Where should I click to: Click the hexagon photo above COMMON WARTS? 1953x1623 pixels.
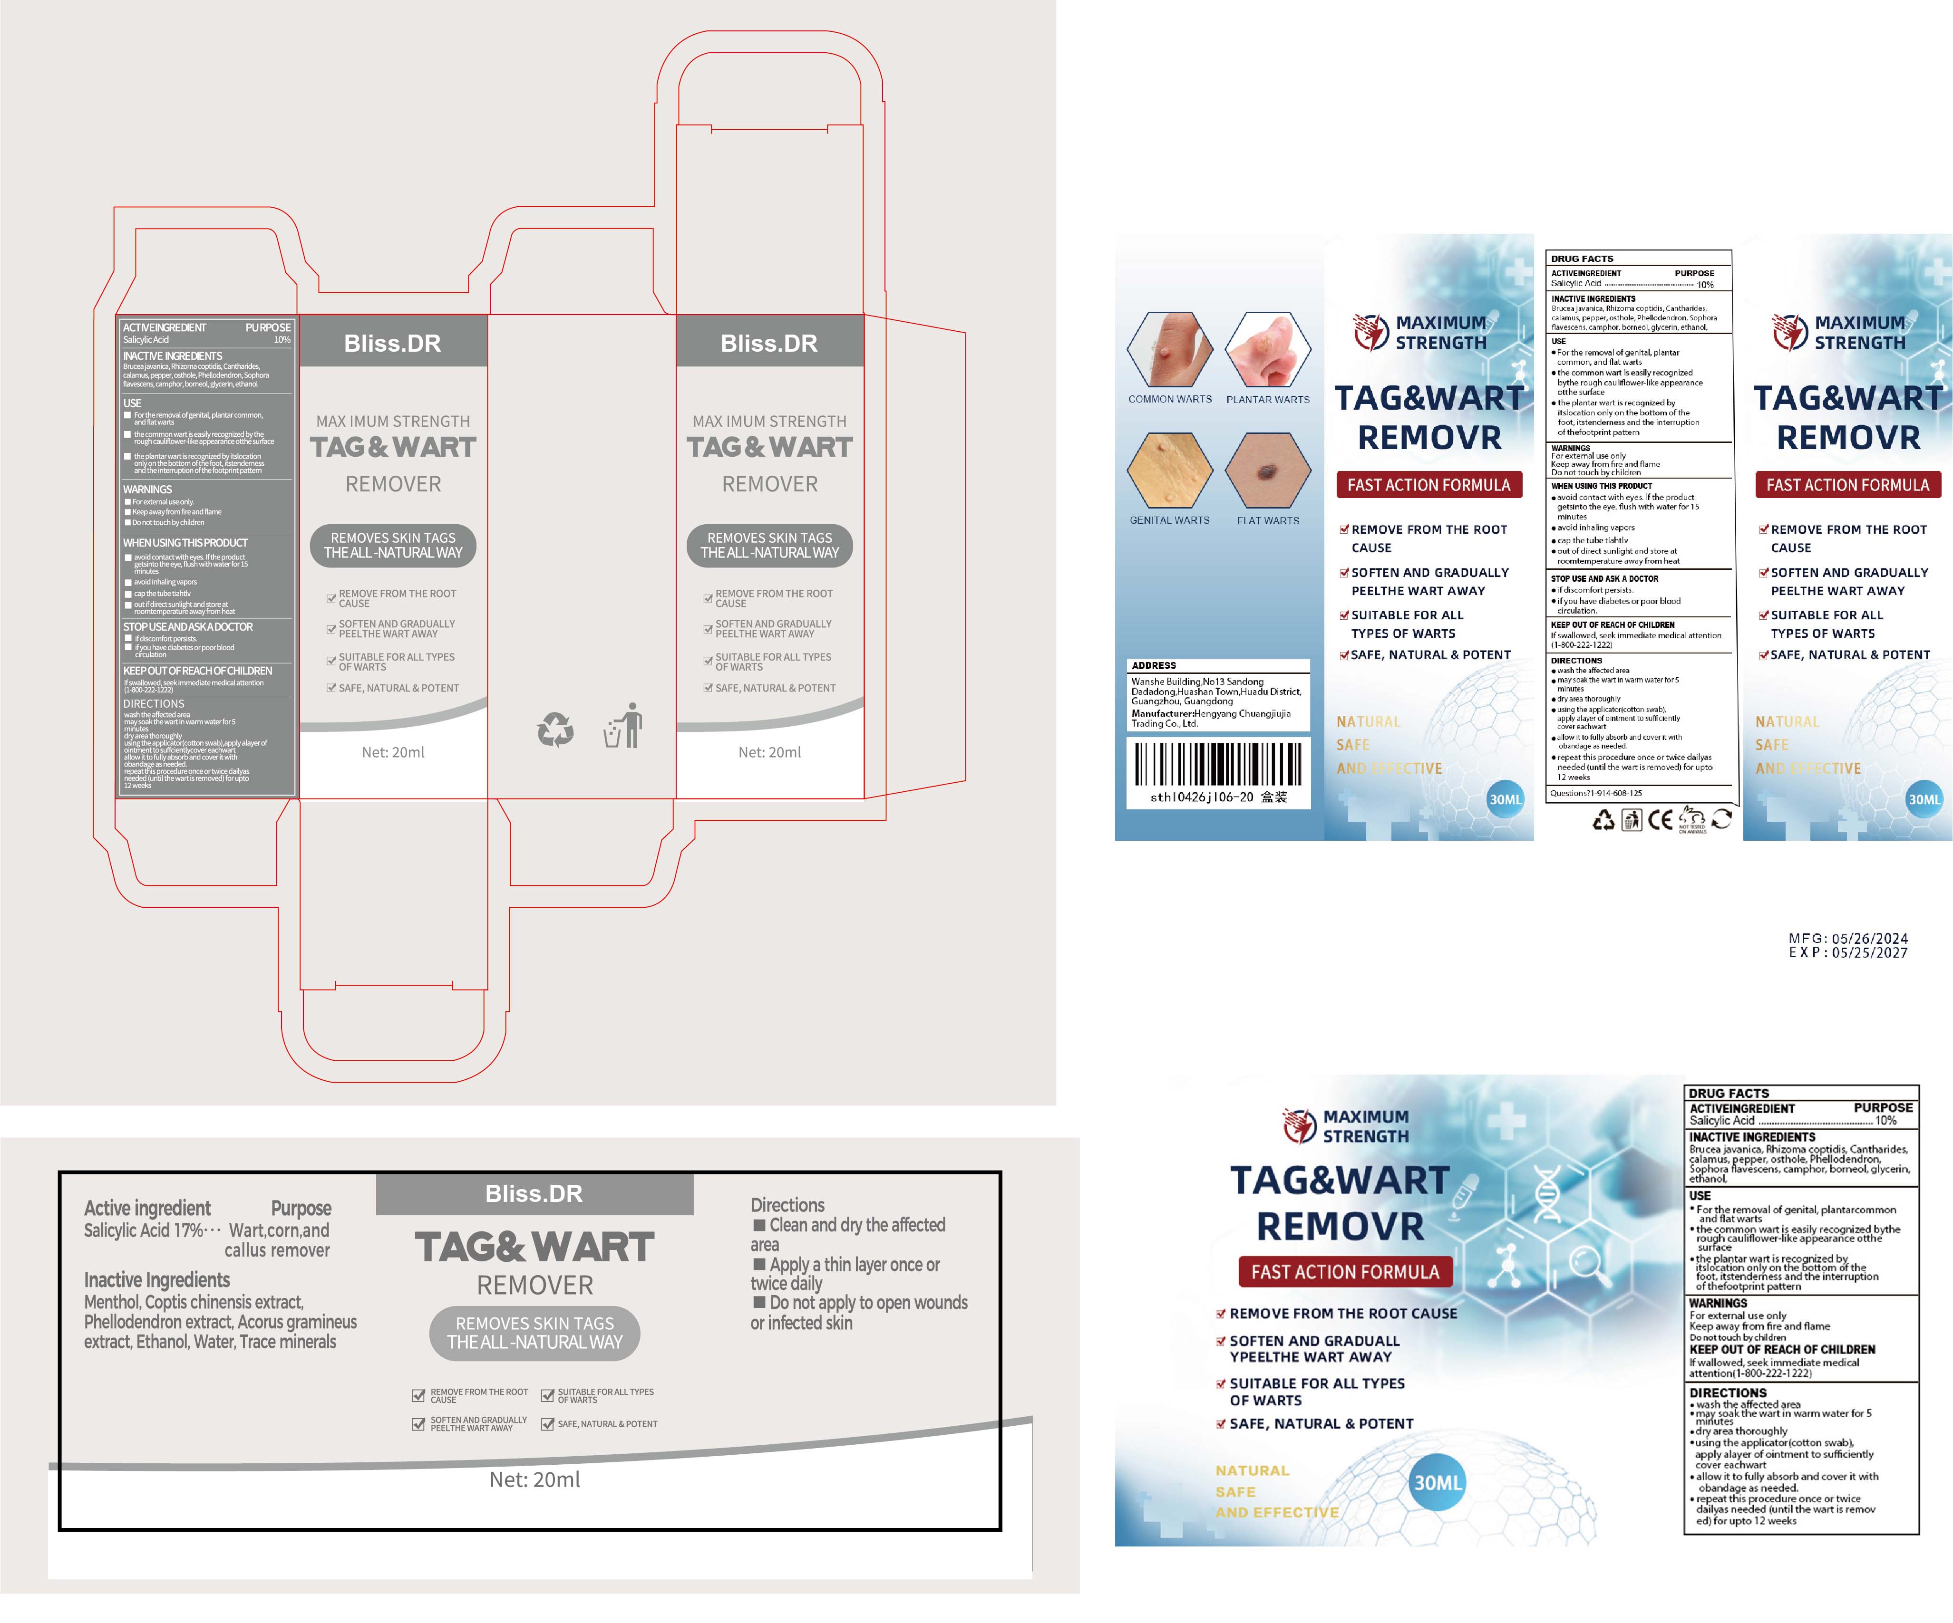tap(1170, 349)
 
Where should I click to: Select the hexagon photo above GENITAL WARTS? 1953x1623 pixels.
tap(1170, 471)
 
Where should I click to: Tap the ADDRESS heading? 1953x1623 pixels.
tap(1154, 665)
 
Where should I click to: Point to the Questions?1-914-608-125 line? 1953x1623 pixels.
tap(1596, 793)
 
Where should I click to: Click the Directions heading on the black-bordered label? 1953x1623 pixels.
tap(787, 1206)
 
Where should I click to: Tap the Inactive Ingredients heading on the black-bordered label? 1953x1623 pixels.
tap(157, 1280)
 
